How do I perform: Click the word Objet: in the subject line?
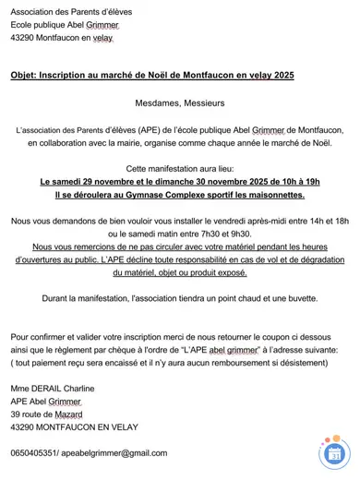(28, 75)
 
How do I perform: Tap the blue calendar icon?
(334, 453)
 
